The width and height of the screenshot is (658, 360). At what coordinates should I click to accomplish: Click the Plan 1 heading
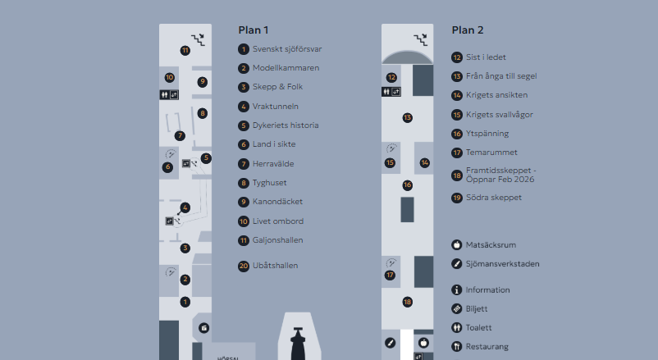coord(253,30)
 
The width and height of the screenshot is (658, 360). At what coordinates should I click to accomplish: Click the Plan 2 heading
coord(468,30)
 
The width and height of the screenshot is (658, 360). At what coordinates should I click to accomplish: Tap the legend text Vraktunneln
coord(276,107)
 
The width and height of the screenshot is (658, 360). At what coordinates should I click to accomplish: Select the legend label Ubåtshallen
coord(276,266)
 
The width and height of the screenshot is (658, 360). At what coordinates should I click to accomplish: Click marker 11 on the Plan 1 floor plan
coord(185,51)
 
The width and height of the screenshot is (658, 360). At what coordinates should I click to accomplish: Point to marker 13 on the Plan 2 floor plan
coord(407,118)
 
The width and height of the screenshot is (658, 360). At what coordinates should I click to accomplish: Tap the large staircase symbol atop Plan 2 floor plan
coord(421,40)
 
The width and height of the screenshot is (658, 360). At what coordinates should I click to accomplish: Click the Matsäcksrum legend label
coord(491,245)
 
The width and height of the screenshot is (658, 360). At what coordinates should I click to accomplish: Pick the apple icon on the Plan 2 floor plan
coord(424,343)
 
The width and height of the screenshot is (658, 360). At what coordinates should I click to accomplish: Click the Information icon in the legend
coord(456,290)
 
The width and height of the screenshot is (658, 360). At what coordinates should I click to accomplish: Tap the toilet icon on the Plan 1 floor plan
coord(164,95)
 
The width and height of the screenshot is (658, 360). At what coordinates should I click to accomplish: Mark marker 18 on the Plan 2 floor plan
coord(407,302)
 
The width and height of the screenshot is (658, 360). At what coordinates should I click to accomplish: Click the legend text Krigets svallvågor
coord(500,115)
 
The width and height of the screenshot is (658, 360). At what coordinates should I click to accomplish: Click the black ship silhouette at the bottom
coord(298,344)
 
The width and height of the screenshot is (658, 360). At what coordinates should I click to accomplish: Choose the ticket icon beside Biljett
coord(456,309)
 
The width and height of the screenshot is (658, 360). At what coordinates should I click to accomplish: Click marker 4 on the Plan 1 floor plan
coord(185,207)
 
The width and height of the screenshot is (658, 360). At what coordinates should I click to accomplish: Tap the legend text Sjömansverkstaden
coord(502,264)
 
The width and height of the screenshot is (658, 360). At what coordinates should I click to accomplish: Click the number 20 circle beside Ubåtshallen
coord(244,266)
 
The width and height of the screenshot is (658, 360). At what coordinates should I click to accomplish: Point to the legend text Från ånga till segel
coord(501,76)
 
